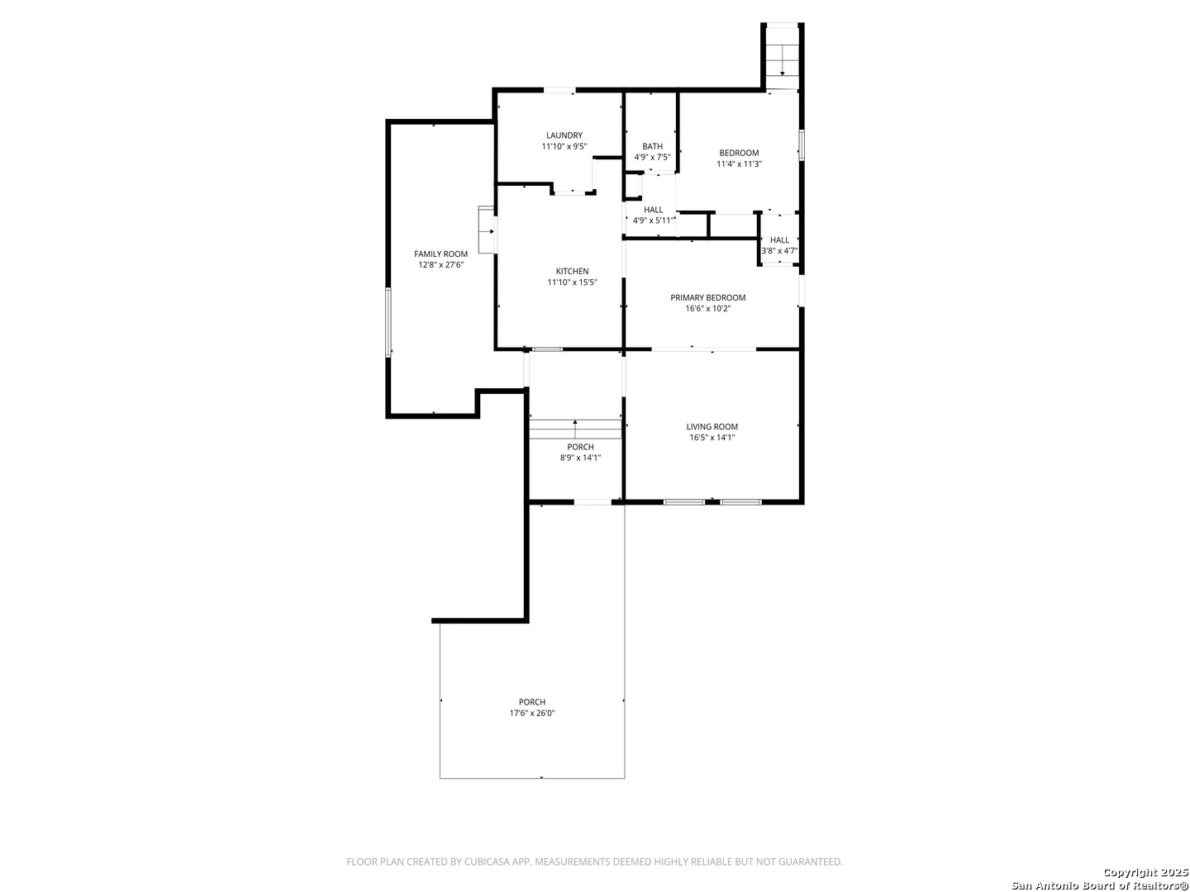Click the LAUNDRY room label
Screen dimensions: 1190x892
click(x=564, y=135)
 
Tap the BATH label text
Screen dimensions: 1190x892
click(x=652, y=146)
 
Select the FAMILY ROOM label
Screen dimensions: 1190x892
click(x=440, y=254)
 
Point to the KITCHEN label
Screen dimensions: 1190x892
click(x=572, y=272)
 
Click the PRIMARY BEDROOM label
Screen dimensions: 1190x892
click(x=707, y=297)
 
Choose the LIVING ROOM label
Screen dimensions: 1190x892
click(x=712, y=427)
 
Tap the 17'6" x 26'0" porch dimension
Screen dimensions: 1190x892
click(x=532, y=714)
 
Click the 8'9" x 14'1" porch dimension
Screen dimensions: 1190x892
click(x=580, y=458)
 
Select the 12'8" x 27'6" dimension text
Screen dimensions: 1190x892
click(x=440, y=265)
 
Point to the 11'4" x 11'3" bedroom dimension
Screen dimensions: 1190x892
click(x=739, y=164)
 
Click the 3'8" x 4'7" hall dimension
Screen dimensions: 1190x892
click(x=779, y=251)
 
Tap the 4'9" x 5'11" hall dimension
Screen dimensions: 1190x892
click(x=654, y=221)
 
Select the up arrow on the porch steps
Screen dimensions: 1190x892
click(x=574, y=429)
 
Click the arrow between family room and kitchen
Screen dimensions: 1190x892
click(x=486, y=232)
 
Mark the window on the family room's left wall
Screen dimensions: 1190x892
click(x=388, y=322)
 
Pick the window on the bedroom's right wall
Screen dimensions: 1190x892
click(x=802, y=145)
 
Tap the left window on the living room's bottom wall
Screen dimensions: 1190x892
click(x=684, y=502)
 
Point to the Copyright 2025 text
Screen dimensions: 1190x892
click(x=1145, y=872)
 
